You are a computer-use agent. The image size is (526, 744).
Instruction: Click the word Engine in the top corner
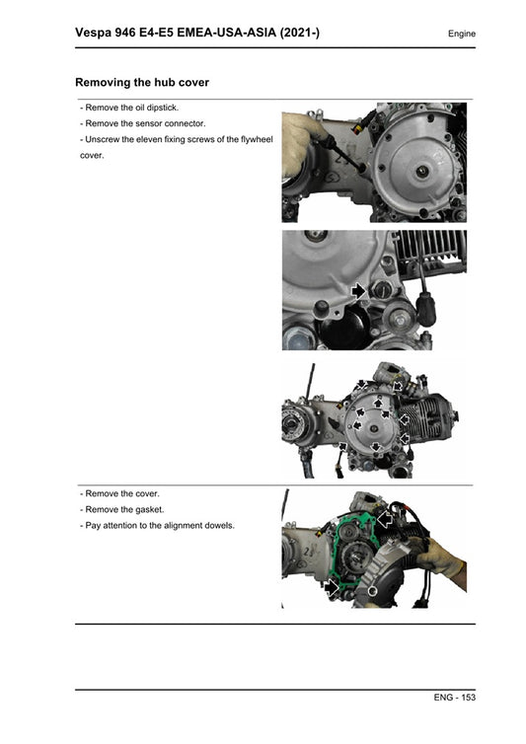click(x=461, y=34)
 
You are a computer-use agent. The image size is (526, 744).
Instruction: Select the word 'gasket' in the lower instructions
click(x=146, y=509)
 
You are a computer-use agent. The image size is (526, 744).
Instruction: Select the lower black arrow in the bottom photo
click(x=334, y=588)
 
